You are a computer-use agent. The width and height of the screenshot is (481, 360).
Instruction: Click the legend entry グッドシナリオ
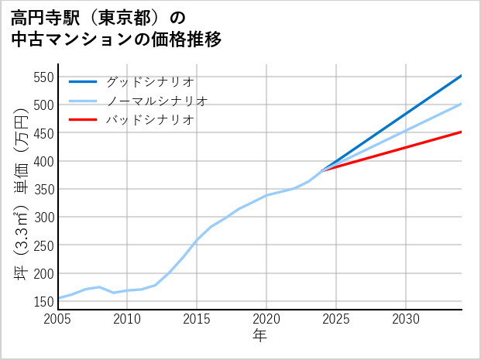point(149,81)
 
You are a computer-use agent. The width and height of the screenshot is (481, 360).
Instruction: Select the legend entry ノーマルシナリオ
point(156,101)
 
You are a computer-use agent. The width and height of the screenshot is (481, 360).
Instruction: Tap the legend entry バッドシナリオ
point(149,120)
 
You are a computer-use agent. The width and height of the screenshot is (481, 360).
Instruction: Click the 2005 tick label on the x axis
point(58,318)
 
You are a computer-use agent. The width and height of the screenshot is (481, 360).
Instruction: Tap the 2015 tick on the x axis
point(197,318)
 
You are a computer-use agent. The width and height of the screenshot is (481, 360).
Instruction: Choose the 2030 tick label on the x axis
point(406,318)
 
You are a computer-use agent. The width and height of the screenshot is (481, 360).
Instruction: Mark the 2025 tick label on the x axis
point(336,318)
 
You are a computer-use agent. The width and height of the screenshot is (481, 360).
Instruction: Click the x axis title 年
point(259,336)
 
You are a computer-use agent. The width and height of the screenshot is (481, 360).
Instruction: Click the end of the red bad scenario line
point(462,132)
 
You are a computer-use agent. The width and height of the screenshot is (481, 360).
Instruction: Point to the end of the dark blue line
point(462,76)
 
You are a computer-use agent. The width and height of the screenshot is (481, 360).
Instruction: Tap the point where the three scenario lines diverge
point(322,170)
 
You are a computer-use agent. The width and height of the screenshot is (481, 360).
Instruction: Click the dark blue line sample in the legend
point(83,81)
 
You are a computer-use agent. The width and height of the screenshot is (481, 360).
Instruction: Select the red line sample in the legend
point(83,120)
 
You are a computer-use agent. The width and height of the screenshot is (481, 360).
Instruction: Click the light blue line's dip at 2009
point(114,293)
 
